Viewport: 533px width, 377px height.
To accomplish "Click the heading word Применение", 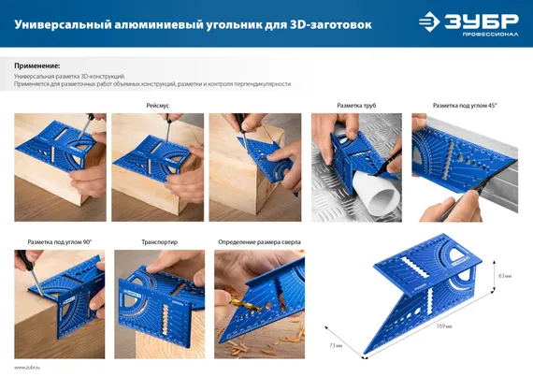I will coord(38,66).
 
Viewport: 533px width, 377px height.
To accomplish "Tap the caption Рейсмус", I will coord(157,106).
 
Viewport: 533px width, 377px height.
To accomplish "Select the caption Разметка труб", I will coord(355,106).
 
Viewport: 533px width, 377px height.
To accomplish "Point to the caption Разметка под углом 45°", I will coord(465,106).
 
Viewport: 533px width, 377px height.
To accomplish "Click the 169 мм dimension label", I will coord(444,326).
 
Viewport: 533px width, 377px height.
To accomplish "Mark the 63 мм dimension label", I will coord(505,276).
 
